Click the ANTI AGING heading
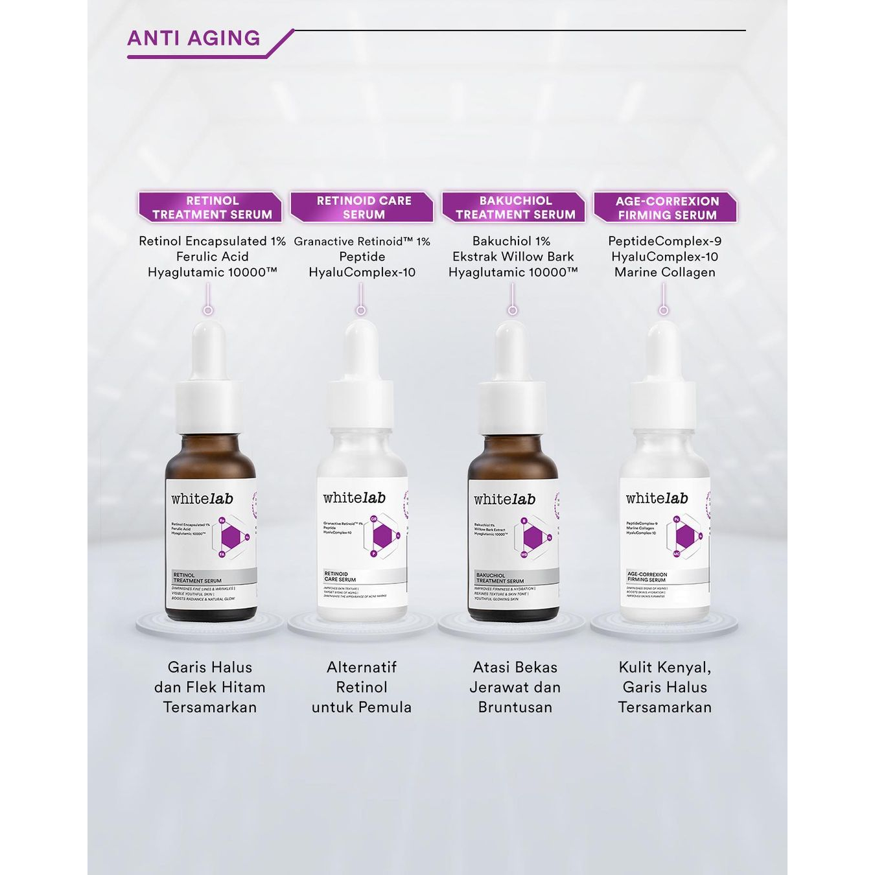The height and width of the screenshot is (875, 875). click(194, 38)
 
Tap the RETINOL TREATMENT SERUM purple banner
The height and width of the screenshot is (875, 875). click(211, 207)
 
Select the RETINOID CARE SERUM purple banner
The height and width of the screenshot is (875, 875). click(363, 207)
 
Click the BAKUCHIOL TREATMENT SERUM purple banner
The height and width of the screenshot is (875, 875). click(515, 207)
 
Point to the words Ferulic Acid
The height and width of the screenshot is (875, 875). click(212, 257)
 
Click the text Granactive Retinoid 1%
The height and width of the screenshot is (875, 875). click(362, 241)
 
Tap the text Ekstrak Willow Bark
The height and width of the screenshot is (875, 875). click(513, 257)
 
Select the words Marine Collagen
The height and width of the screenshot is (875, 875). click(664, 272)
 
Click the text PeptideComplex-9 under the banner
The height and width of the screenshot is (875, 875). click(664, 241)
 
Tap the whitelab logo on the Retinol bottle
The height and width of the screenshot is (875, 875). click(202, 498)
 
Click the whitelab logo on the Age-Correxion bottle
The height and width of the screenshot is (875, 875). click(657, 498)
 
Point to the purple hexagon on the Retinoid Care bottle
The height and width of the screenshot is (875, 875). click(382, 536)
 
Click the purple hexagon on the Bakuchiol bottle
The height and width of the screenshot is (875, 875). click(533, 537)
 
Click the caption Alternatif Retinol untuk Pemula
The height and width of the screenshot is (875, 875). click(362, 687)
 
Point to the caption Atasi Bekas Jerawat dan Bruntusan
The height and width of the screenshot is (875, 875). click(515, 687)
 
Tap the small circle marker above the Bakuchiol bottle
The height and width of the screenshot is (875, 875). click(513, 310)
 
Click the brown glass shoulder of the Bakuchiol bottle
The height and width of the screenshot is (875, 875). click(512, 457)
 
